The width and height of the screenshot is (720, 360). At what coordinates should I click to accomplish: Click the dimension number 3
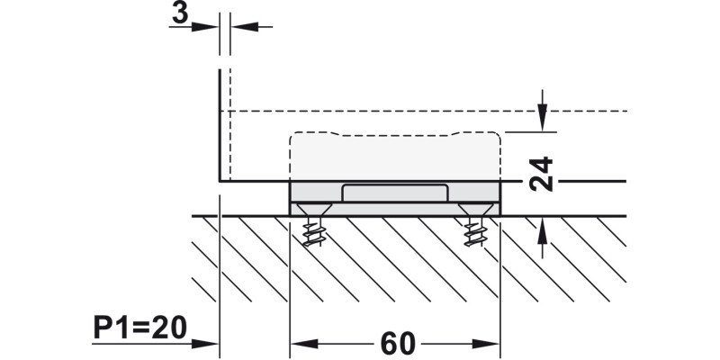[x=180, y=13]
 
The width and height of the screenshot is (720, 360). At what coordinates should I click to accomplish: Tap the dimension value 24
[x=541, y=174]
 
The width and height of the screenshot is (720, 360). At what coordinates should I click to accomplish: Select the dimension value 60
[x=398, y=344]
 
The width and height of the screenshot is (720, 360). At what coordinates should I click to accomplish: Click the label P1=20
[x=140, y=328]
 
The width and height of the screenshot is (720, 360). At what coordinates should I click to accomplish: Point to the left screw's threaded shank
[x=314, y=232]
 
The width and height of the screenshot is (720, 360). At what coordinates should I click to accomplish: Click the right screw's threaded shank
[x=475, y=232]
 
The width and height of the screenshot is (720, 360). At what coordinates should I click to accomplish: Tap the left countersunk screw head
[x=314, y=210]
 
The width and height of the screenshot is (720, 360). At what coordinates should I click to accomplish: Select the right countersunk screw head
[x=475, y=210]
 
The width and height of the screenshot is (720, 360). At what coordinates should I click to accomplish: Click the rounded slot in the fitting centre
[x=394, y=193]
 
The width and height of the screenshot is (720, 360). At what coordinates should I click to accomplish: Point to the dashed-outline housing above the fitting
[x=395, y=157]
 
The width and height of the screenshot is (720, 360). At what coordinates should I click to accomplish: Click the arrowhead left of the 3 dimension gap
[x=205, y=27]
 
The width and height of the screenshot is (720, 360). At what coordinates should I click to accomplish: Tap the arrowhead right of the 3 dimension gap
[x=245, y=27]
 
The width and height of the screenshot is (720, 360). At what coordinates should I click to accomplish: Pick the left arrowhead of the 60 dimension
[x=304, y=344]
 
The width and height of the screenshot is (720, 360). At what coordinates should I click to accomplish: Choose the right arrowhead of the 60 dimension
[x=486, y=344]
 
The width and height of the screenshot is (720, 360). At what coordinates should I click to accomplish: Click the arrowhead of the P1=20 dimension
[x=205, y=344]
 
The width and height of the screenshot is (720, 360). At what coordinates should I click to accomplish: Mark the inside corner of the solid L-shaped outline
[x=220, y=181]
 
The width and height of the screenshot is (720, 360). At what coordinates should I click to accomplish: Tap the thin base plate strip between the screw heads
[x=394, y=210]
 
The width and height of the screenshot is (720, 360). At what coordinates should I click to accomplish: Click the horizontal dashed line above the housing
[x=423, y=111]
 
